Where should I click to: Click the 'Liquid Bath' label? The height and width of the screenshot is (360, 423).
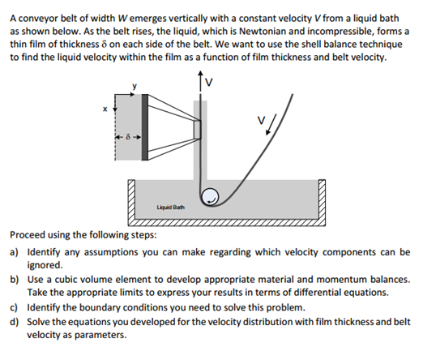[x=171, y=208]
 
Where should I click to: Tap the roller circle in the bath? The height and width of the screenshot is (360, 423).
[x=210, y=196]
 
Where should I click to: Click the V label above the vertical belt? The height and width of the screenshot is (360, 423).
[x=209, y=82]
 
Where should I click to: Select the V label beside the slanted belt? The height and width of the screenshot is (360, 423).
[x=261, y=120]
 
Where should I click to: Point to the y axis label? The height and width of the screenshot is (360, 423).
[x=135, y=86]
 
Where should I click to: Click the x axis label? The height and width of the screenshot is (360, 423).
[x=105, y=109]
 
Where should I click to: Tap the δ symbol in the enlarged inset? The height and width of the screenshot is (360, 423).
[x=129, y=137]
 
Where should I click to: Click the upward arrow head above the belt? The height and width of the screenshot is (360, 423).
[x=200, y=73]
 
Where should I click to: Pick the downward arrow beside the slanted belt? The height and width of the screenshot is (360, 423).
[x=271, y=124]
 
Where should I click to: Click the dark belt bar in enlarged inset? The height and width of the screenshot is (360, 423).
[x=145, y=127]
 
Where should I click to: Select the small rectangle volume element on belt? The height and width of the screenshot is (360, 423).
[x=197, y=130]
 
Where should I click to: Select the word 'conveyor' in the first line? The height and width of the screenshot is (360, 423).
[x=38, y=19]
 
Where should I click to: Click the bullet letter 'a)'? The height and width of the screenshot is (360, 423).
[x=14, y=252]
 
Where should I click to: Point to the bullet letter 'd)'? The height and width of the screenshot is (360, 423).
[x=14, y=322]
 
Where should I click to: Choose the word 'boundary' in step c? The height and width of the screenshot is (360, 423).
[x=99, y=307]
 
